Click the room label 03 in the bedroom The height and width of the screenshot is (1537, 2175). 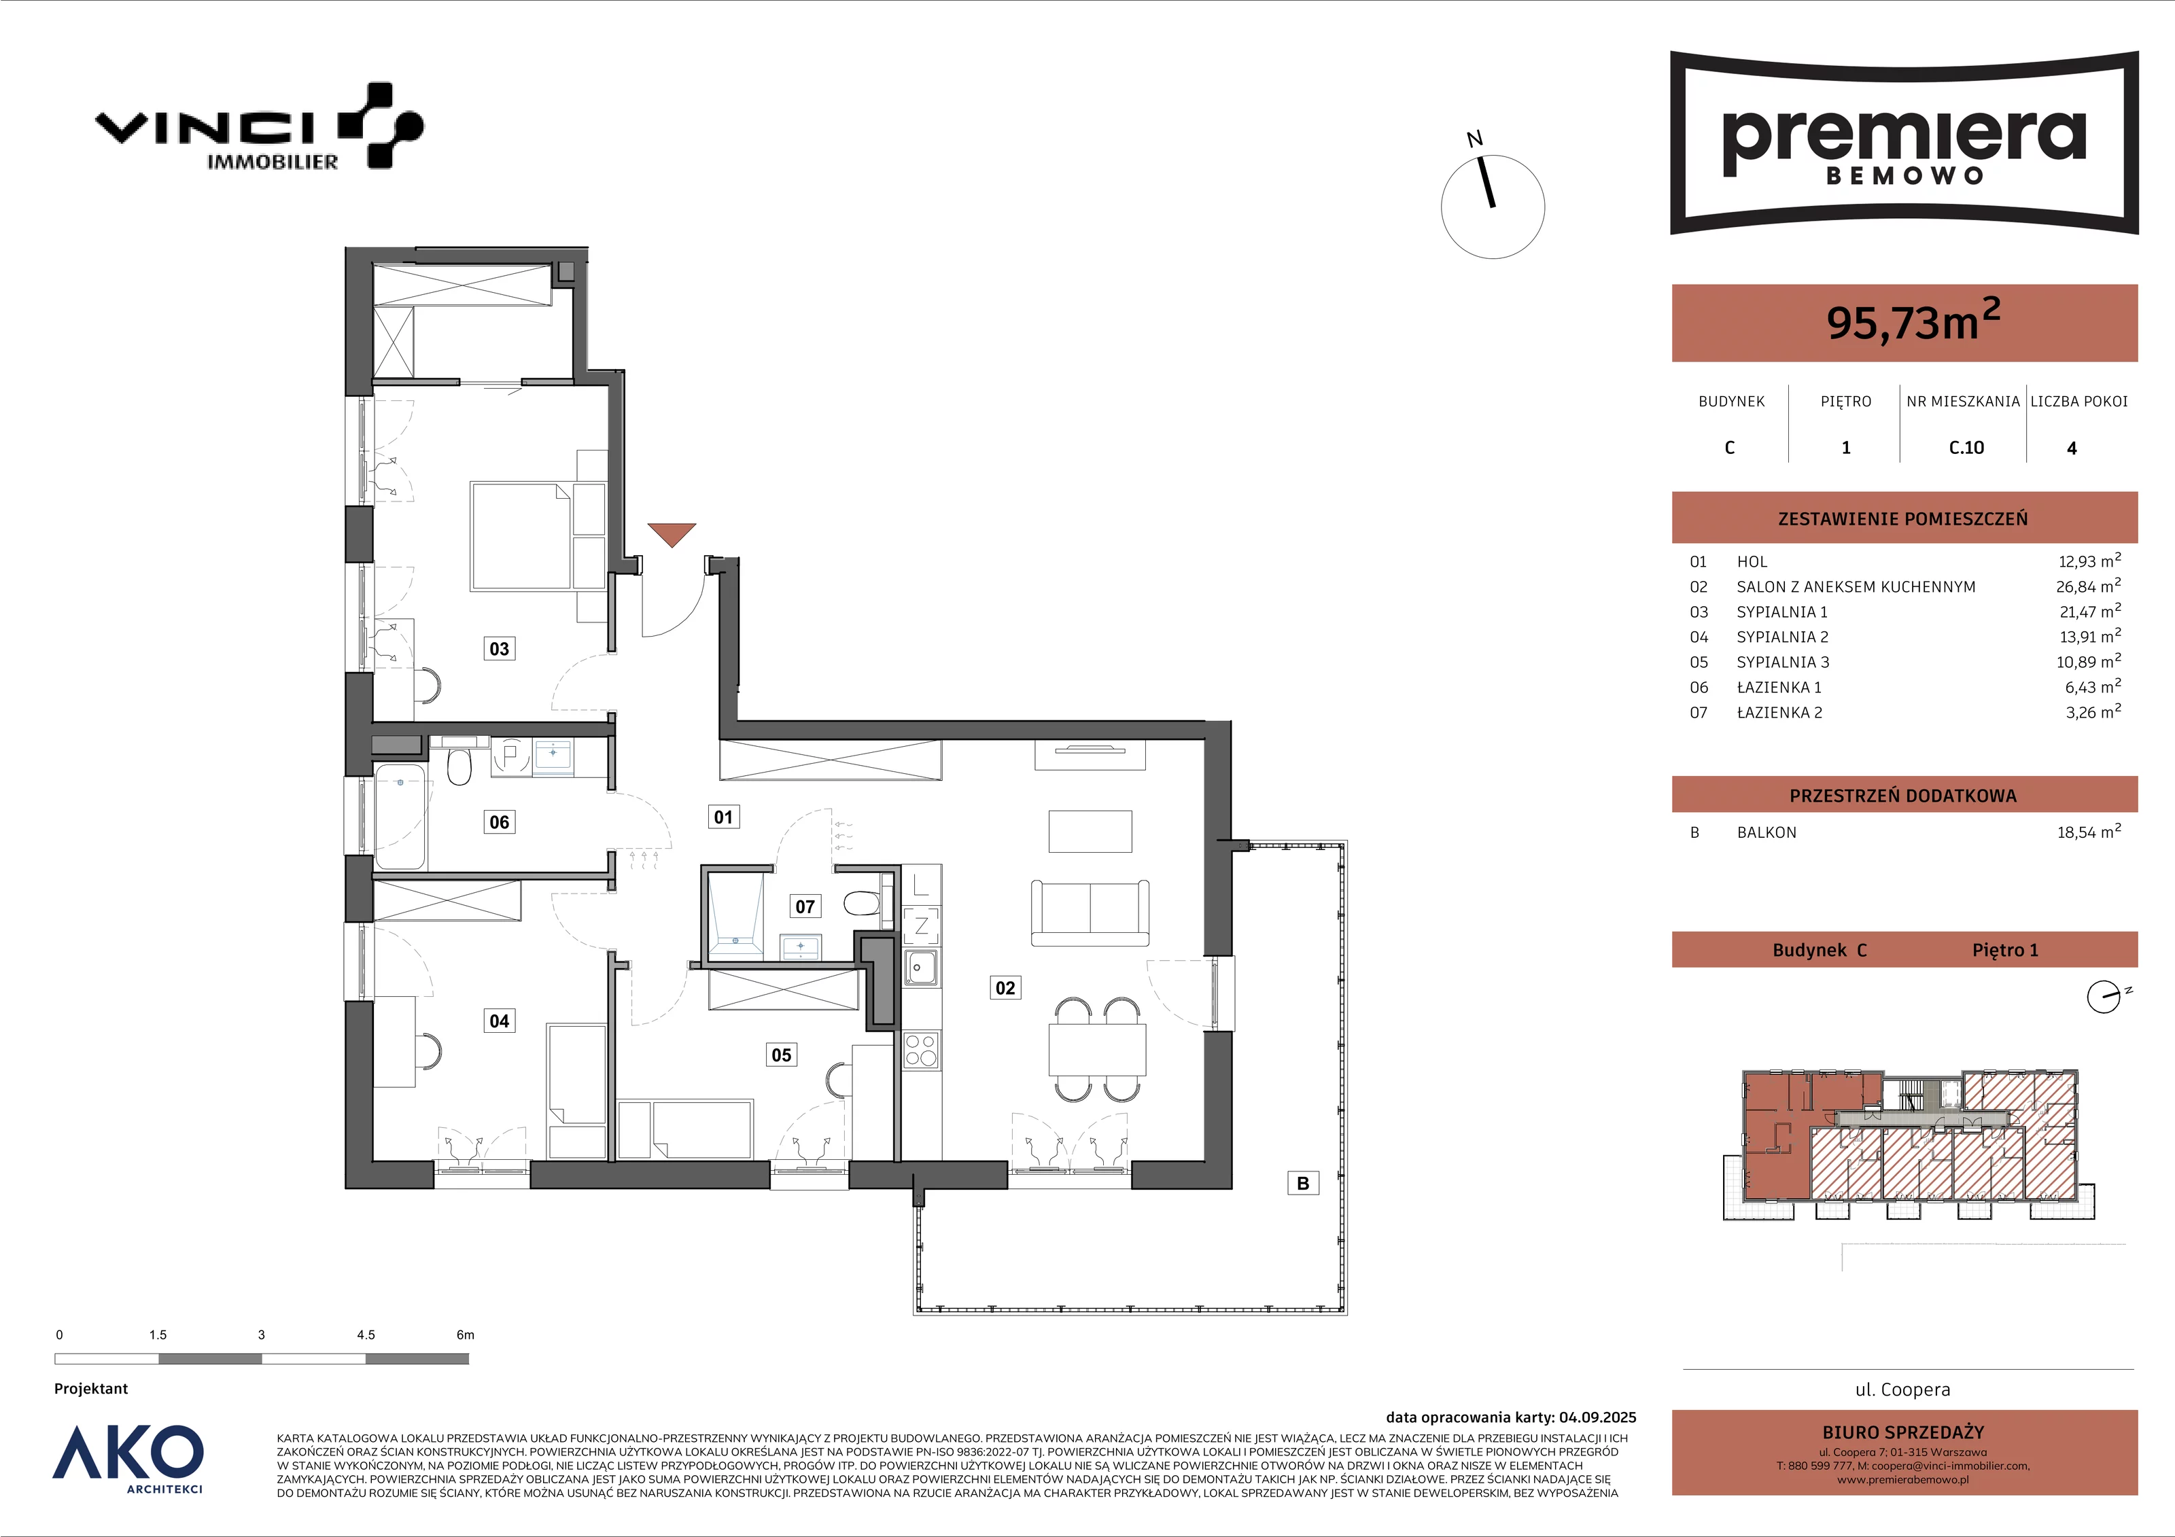point(499,649)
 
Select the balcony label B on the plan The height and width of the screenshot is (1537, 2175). point(1302,1183)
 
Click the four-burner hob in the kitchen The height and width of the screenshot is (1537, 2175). point(921,1049)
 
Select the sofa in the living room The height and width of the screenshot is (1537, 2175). point(1090,913)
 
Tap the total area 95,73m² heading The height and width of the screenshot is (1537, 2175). point(1913,320)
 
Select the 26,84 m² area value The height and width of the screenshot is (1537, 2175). point(2089,586)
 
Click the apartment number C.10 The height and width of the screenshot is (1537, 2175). point(1966,448)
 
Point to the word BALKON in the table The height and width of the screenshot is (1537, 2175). point(1767,832)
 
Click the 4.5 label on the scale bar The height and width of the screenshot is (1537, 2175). point(366,1335)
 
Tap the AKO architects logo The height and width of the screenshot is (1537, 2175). point(128,1458)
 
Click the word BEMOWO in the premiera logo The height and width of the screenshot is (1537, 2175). point(1904,176)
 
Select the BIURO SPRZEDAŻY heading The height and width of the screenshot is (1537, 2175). point(1903,1433)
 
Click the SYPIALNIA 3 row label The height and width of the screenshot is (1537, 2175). point(1783,662)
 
